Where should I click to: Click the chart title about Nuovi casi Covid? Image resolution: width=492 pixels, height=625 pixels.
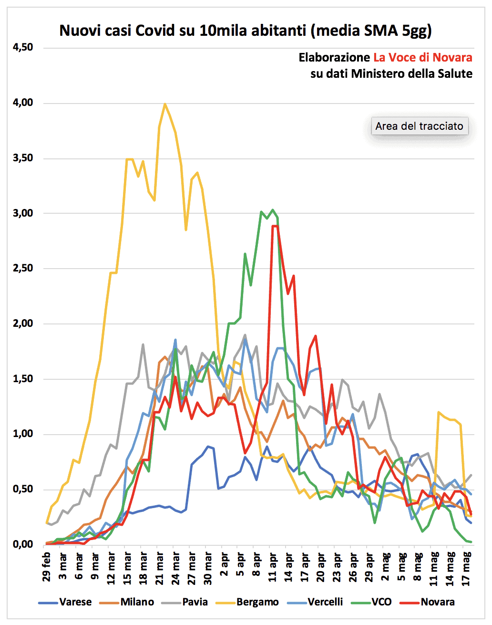pyautogui.click(x=246, y=31)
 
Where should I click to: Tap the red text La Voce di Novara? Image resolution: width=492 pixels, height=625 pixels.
pyautogui.click(x=422, y=58)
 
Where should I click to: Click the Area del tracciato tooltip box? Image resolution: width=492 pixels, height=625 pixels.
pyautogui.click(x=419, y=126)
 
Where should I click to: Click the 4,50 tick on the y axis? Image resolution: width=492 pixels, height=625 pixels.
pyautogui.click(x=23, y=47)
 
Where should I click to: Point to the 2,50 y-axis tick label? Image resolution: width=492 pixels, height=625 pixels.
pyautogui.click(x=23, y=268)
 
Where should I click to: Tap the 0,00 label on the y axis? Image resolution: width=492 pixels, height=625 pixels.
pyautogui.click(x=23, y=544)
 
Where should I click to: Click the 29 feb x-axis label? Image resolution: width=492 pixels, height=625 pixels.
pyautogui.click(x=47, y=567)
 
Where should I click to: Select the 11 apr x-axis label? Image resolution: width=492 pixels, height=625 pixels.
pyautogui.click(x=273, y=567)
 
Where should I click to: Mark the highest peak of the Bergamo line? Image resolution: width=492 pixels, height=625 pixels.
pyautogui.click(x=165, y=104)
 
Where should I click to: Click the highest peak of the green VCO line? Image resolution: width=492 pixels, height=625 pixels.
pyautogui.click(x=272, y=209)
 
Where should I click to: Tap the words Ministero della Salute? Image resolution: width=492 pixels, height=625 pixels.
pyautogui.click(x=412, y=74)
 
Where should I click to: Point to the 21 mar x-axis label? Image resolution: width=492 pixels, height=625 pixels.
pyautogui.click(x=160, y=567)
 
